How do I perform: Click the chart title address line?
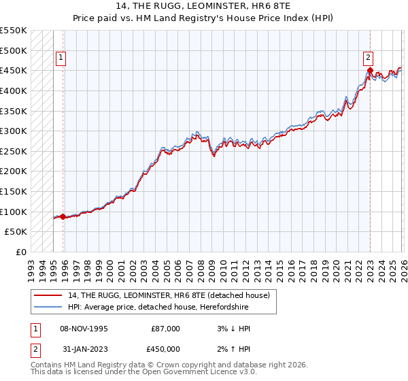pos(204,5)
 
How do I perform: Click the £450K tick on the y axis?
pos(13,70)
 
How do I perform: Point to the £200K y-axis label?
pos(13,171)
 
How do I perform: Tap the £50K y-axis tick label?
pos(16,232)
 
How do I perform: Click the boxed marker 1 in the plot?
pos(61,58)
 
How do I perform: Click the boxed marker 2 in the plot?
pos(368,58)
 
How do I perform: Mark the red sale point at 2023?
pos(369,70)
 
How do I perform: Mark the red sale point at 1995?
pos(63,216)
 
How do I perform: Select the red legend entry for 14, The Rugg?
pos(163,295)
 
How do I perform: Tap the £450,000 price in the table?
pos(165,350)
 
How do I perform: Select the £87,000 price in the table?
pos(165,329)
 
